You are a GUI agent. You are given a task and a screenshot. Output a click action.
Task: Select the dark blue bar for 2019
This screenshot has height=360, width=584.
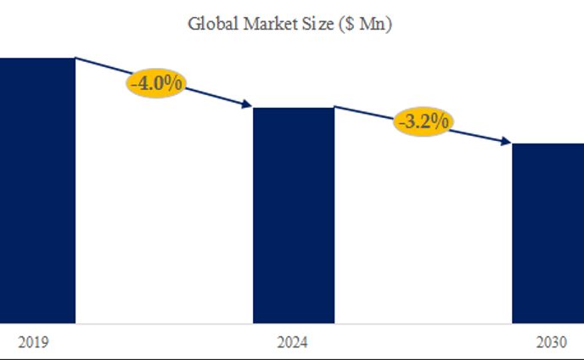[37, 190]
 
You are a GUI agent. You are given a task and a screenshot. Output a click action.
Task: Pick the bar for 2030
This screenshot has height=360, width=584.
[547, 233]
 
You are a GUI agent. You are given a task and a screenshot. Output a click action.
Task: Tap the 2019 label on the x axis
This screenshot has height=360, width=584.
[35, 343]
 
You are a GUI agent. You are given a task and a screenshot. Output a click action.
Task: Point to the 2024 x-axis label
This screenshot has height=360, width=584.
[293, 343]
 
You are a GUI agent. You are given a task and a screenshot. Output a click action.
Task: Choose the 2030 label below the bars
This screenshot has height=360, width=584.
[551, 343]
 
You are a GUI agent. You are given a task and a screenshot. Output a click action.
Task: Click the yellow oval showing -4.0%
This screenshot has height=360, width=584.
[157, 84]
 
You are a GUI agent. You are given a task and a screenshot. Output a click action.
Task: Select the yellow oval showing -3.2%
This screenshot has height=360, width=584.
[423, 121]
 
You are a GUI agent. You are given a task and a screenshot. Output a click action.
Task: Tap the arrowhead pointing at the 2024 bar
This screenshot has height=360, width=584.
[249, 105]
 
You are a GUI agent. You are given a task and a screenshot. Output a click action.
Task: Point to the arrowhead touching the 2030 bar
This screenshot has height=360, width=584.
[507, 141]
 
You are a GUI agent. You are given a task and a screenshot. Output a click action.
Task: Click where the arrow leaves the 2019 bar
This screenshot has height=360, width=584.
[77, 59]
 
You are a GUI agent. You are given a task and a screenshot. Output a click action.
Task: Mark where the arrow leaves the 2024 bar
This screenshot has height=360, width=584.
[336, 107]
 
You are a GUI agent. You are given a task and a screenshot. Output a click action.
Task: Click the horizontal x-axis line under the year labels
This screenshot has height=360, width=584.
[292, 357]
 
